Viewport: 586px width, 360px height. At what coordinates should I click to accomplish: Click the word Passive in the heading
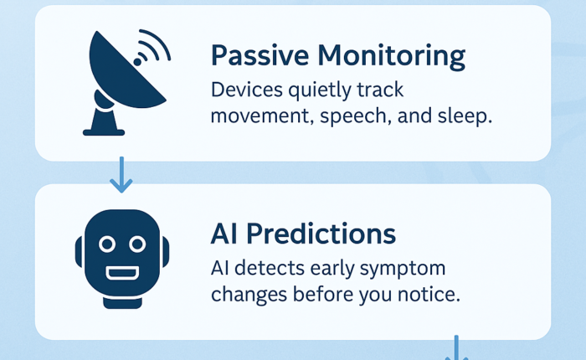point(260,56)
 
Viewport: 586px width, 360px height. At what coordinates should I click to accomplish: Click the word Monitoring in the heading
point(392,56)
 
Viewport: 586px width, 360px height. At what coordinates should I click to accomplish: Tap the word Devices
point(247,90)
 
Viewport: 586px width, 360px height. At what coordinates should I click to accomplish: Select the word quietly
point(320,91)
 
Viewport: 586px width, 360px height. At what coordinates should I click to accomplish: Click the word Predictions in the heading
point(321,234)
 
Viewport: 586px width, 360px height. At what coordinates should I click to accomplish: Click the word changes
point(249,295)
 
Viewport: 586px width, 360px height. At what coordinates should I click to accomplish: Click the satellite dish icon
point(126,82)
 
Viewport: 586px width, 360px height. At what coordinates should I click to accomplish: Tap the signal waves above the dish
point(152,48)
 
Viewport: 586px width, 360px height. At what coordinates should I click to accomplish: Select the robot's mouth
point(122,273)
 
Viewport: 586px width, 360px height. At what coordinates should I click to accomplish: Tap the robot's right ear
point(166,252)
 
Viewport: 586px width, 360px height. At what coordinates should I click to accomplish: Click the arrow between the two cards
point(121,175)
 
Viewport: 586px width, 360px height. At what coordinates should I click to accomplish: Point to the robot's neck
point(122,302)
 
